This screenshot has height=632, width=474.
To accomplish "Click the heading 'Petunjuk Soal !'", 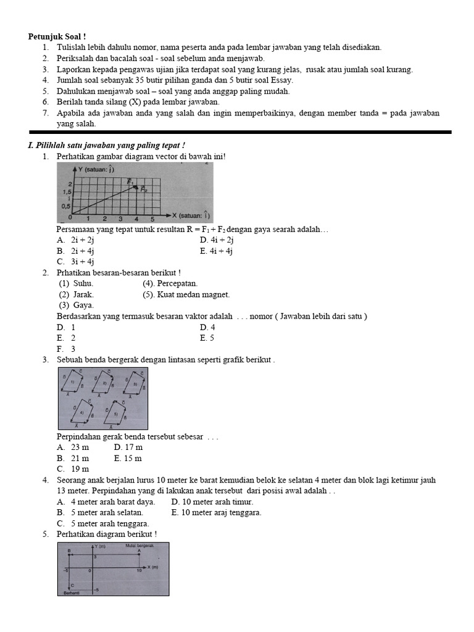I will pos(57,36).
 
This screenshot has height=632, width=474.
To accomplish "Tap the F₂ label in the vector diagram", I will pos(144,189).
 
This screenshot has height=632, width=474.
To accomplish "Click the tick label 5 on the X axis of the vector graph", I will pos(152,218).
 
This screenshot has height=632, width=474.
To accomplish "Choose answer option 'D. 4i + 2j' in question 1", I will pos(217,240).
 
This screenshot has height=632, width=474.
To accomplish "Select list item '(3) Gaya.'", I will pos(77,305).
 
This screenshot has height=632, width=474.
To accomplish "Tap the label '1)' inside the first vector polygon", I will pos(72,383).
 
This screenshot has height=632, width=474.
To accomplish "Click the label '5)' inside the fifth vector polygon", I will pos(114,414).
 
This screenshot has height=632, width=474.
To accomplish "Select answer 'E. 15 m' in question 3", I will pos(128,458).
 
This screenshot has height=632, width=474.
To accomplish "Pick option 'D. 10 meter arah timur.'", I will pos(212,502).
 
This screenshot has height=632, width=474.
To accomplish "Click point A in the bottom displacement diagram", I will pos(139,551).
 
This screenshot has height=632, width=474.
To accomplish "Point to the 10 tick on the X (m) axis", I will pos(139,572).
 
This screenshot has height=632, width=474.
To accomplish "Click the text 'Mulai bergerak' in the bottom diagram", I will pos(139,546).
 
